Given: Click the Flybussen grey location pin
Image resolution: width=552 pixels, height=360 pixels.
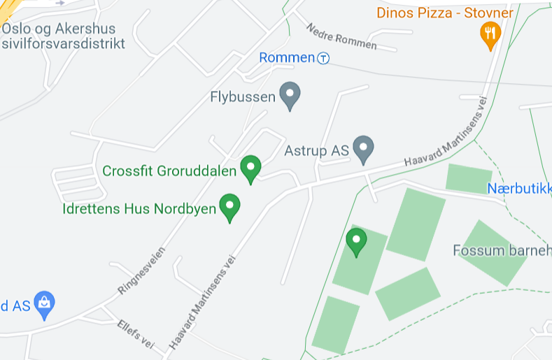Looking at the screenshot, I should point(290,94).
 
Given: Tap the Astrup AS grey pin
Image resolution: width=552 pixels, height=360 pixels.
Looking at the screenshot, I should point(362,148).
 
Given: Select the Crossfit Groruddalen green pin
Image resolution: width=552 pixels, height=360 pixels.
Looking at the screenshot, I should point(250,168).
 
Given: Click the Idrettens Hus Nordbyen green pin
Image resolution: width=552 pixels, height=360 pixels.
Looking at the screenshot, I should point(229,207).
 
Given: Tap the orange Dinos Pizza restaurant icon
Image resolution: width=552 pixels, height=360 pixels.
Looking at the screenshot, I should point(490,34).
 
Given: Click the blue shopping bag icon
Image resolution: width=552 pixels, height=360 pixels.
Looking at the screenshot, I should point(44,304).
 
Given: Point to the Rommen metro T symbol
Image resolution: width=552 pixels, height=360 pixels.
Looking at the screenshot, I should point(323,58).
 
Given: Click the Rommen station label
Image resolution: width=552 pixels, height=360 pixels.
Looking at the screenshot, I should point(287,57).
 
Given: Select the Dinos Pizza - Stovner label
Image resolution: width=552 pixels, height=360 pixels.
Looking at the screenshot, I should point(445,13).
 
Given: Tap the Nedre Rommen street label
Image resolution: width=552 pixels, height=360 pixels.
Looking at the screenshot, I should point(341,36).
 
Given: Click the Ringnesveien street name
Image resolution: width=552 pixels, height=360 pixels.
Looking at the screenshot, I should point(142,271).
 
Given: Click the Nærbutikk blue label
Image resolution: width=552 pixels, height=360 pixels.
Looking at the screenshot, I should point(519,188).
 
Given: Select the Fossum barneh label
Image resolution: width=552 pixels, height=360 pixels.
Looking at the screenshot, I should point(502,250).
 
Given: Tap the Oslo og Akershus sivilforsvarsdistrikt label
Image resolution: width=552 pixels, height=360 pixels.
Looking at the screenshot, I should point(63,36).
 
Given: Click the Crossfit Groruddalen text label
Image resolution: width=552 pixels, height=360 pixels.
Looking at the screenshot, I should point(169,171).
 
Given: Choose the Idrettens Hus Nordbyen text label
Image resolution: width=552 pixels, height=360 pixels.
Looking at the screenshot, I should point(139,209).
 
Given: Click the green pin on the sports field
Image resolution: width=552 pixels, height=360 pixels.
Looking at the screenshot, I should point(356,241).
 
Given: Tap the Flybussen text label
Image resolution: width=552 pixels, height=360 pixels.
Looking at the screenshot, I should point(243,97).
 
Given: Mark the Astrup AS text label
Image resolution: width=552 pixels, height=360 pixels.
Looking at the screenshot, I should point(316,150).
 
